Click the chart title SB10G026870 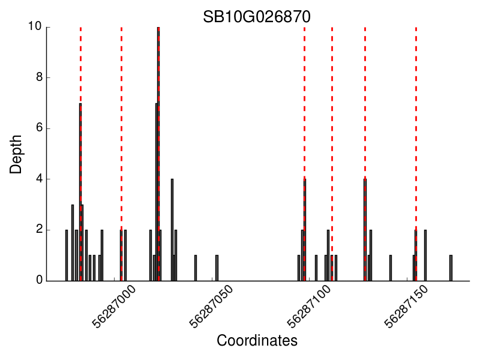point(256,17)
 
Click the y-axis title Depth point(16,154)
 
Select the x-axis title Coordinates point(257,341)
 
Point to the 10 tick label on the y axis point(34,27)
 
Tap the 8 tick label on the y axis point(38,77)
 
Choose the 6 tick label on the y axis point(38,128)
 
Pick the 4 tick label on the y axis point(38,179)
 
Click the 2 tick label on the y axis point(38,230)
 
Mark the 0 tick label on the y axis point(38,280)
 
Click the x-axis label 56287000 point(115,307)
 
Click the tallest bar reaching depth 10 point(158,154)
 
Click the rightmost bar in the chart point(451,268)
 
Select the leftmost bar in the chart point(67,255)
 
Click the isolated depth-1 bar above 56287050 point(217,268)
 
